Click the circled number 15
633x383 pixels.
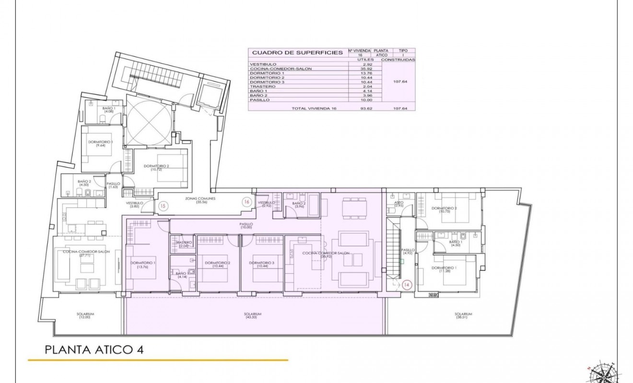pyautogui.click(x=163, y=206)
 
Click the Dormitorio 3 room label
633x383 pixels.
pyautogui.click(x=262, y=265)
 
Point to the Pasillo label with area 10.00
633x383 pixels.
pyautogui.click(x=246, y=225)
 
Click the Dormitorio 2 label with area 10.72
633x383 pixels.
pyautogui.click(x=154, y=168)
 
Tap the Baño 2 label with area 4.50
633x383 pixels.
pyautogui.click(x=84, y=183)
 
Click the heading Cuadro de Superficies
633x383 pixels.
pyautogui.click(x=297, y=53)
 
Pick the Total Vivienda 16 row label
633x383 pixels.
pyautogui.click(x=314, y=109)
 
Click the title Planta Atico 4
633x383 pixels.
pyautogui.click(x=94, y=349)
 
